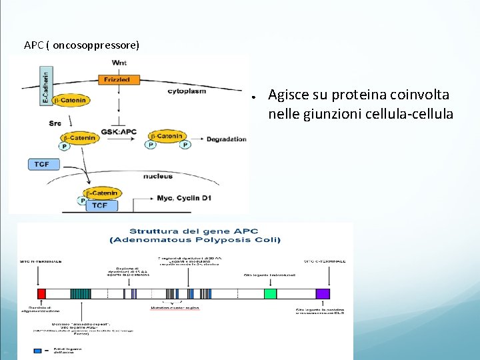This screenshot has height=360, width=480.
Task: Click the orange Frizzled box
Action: coord(117,79)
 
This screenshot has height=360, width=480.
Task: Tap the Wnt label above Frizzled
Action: coord(119,63)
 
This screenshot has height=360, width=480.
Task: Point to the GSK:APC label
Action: coord(119,132)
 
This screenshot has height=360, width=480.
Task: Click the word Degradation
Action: coord(226,139)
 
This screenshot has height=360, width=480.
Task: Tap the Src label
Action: coord(55,123)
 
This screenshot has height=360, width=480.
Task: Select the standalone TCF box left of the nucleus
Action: coord(42,164)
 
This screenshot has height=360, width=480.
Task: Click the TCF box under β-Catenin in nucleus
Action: coord(99,205)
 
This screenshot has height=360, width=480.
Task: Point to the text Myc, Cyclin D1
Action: coord(183,198)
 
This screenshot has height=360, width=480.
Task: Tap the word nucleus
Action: coord(157,176)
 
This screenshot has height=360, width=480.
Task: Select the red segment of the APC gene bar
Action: coord(41,294)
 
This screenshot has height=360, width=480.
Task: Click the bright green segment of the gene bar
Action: coord(270,294)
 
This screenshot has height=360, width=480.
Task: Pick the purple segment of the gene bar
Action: coord(323,294)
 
